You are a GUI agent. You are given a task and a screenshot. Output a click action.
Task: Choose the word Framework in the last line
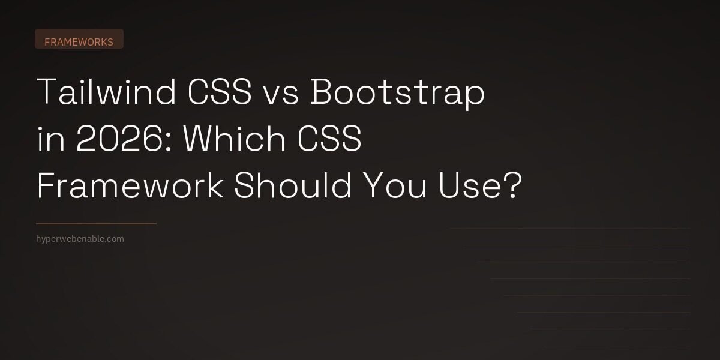130,187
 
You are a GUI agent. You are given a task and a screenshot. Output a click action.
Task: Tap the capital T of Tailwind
47,94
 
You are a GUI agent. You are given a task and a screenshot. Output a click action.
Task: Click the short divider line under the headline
96,224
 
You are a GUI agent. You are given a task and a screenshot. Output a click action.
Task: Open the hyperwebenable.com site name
80,239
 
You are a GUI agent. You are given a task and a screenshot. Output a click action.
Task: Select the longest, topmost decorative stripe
570,229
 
